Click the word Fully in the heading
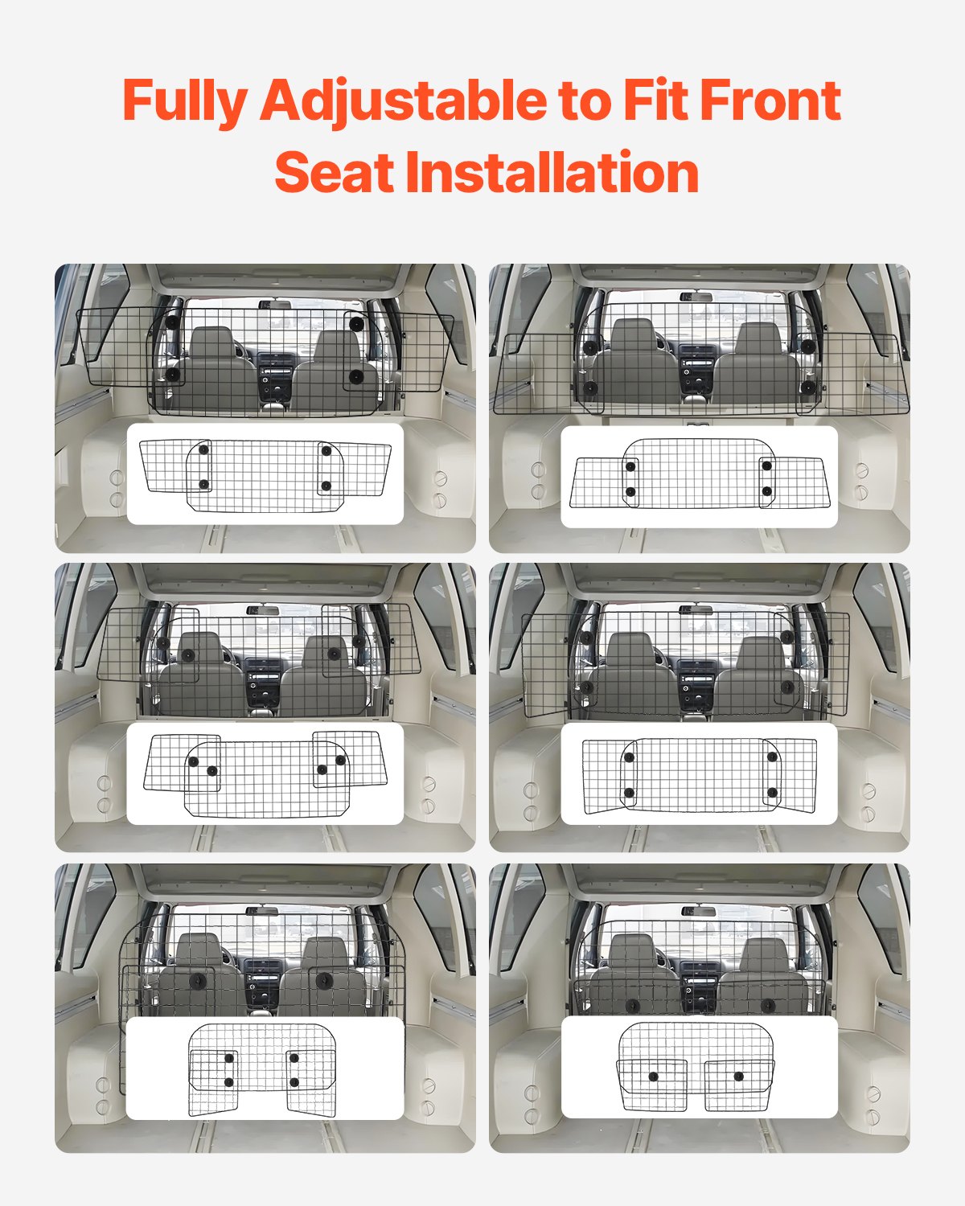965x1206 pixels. click(x=185, y=101)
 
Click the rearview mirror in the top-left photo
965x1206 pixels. click(x=274, y=305)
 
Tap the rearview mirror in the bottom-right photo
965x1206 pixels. click(x=698, y=911)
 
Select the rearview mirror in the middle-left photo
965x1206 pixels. click(x=263, y=610)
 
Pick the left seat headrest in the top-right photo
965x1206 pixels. click(x=634, y=334)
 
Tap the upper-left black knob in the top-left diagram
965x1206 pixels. click(x=204, y=450)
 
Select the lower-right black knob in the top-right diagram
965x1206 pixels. click(x=766, y=490)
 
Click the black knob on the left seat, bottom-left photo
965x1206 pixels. click(x=197, y=982)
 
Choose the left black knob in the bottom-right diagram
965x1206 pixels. click(x=654, y=1076)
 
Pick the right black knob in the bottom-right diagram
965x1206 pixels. click(x=738, y=1076)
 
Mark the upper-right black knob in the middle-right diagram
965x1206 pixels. click(x=772, y=757)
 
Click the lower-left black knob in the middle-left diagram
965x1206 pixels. click(x=212, y=770)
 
